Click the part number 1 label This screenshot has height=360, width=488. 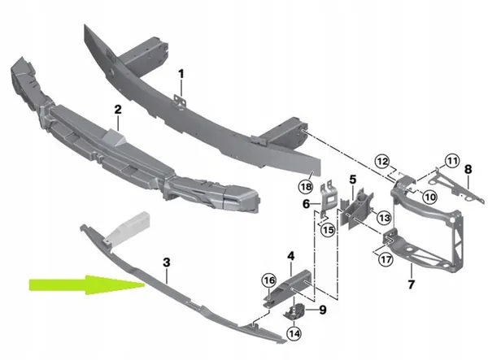(181, 74)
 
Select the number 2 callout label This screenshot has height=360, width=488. (118, 108)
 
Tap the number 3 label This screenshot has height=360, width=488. (166, 262)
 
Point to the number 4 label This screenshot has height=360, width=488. (290, 257)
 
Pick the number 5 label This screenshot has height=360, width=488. (353, 179)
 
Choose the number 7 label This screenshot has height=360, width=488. (411, 284)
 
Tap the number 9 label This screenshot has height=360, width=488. (322, 309)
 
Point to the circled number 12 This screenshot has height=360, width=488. (381, 161)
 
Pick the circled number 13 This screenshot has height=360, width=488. (384, 218)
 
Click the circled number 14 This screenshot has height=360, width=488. (293, 332)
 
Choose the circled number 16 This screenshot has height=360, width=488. (269, 281)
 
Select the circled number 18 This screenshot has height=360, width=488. (305, 186)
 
